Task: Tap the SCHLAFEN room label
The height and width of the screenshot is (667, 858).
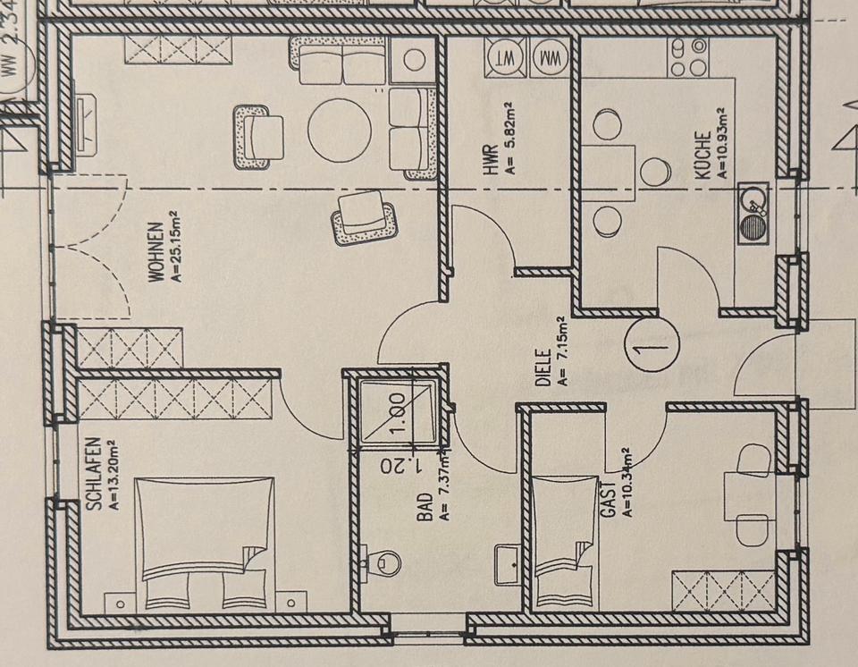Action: tap(95, 474)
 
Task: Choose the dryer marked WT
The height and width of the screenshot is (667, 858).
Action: tap(503, 58)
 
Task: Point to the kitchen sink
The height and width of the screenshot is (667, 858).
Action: tap(754, 212)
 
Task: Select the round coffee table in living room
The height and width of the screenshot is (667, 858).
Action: tap(339, 129)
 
